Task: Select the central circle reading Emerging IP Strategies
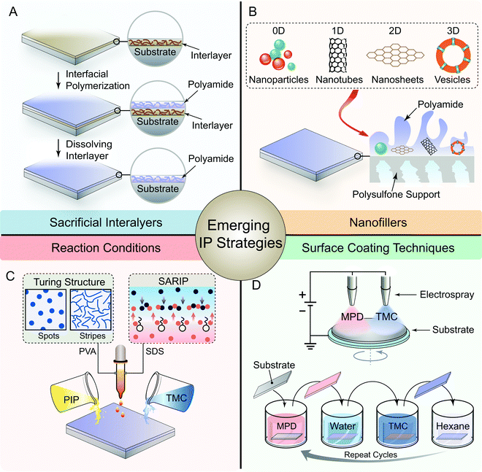[241, 236]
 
